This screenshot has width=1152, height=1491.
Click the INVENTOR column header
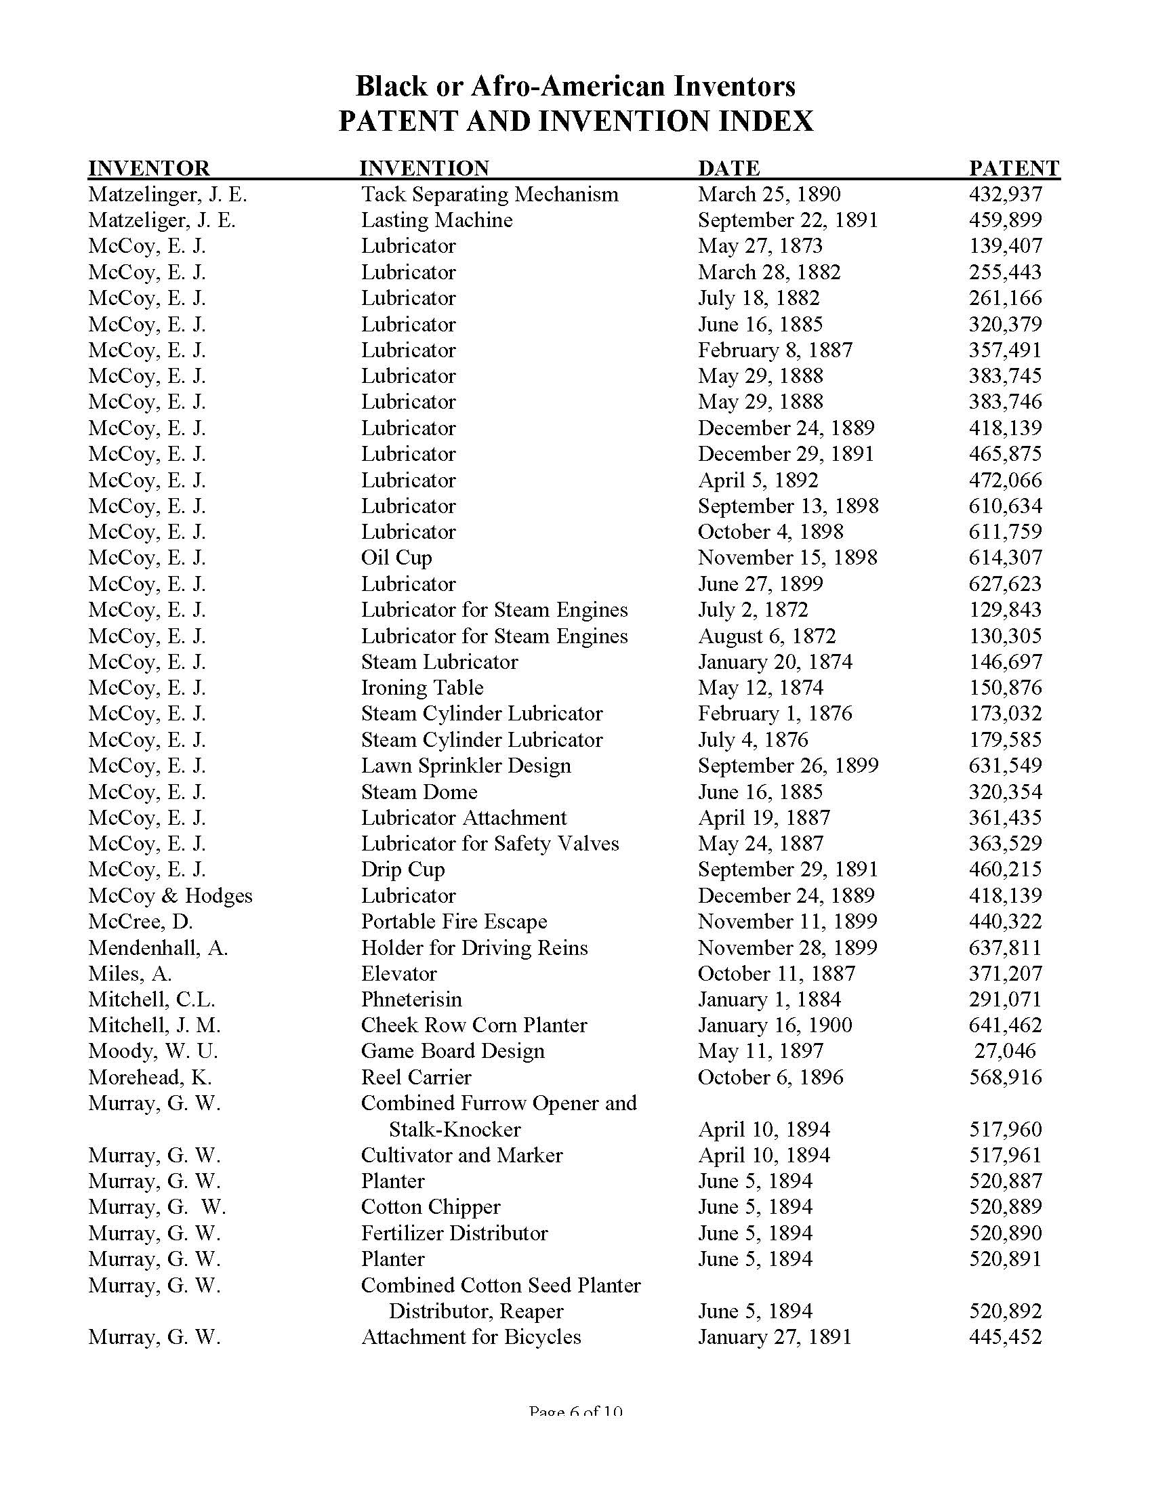pyautogui.click(x=149, y=168)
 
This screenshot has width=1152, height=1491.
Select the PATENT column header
pyautogui.click(x=1014, y=168)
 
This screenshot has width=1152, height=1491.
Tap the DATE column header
pyautogui.click(x=728, y=168)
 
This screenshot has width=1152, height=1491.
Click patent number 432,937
pyautogui.click(x=1005, y=195)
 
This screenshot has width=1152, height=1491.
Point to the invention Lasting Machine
pyautogui.click(x=436, y=220)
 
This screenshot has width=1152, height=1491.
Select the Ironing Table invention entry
pyautogui.click(x=421, y=687)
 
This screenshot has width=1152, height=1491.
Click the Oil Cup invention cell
pyautogui.click(x=396, y=558)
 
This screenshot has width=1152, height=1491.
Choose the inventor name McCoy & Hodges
pyautogui.click(x=170, y=896)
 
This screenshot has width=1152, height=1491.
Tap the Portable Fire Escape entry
pyautogui.click(x=454, y=922)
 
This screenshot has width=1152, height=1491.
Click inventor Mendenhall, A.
pyautogui.click(x=158, y=947)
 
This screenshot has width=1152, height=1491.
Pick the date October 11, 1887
pyautogui.click(x=776, y=973)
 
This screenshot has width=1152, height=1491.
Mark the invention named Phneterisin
pyautogui.click(x=411, y=1000)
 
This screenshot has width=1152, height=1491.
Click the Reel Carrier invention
pyautogui.click(x=415, y=1078)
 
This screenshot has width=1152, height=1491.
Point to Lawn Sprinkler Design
pyautogui.click(x=466, y=766)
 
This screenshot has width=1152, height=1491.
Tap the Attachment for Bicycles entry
pyautogui.click(x=471, y=1336)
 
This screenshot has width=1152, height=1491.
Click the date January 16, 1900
pyautogui.click(x=775, y=1025)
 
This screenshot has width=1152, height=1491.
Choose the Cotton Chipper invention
pyautogui.click(x=430, y=1207)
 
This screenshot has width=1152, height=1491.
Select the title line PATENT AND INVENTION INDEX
pyautogui.click(x=575, y=121)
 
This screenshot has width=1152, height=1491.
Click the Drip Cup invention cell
pyautogui.click(x=403, y=870)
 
